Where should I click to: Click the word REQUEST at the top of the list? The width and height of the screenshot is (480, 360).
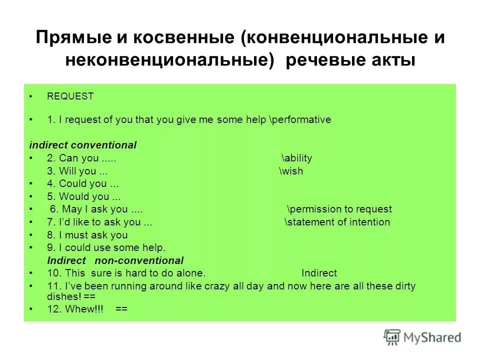pyautogui.click(x=70, y=96)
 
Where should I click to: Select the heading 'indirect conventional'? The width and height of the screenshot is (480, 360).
pyautogui.click(x=82, y=145)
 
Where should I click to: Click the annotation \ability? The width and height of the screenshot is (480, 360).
pyautogui.click(x=296, y=158)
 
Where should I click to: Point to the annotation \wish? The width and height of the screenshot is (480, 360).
pyautogui.click(x=291, y=171)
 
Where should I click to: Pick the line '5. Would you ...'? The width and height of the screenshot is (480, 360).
pyautogui.click(x=84, y=197)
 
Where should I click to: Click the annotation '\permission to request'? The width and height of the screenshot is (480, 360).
pyautogui.click(x=339, y=209)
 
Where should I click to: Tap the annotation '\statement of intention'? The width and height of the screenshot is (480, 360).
pyautogui.click(x=337, y=222)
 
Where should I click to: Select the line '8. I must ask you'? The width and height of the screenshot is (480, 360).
pyautogui.click(x=87, y=235)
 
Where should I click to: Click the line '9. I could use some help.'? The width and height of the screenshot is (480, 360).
pyautogui.click(x=106, y=248)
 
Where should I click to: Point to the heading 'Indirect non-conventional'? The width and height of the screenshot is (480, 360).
pyautogui.click(x=115, y=260)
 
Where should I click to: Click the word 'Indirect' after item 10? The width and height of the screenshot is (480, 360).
pyautogui.click(x=319, y=273)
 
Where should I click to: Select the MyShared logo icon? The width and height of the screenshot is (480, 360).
pyautogui.click(x=392, y=337)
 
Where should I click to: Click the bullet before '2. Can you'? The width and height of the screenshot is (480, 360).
pyautogui.click(x=31, y=158)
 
